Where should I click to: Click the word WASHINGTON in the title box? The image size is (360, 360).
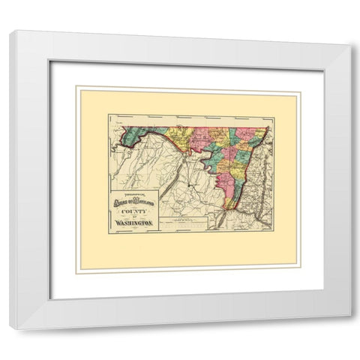[132, 223]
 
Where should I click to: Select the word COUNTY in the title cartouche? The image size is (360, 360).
[132, 210]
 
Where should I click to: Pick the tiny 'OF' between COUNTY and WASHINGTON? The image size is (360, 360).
[132, 217]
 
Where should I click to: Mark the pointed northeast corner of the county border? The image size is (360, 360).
[268, 127]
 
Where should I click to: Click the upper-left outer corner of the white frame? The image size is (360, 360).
[10, 30]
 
